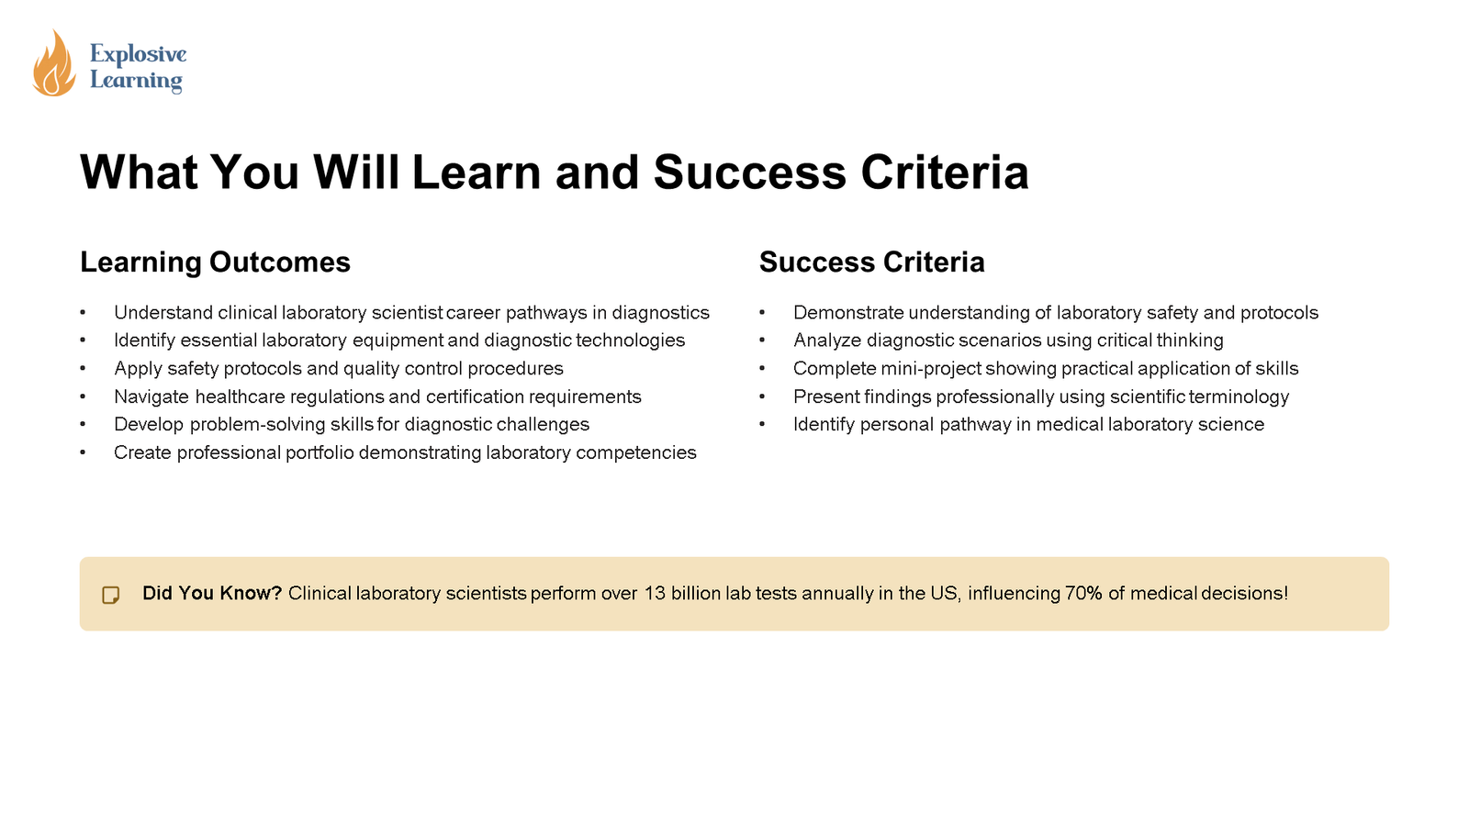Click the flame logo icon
(x=53, y=64)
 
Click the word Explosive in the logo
(x=138, y=54)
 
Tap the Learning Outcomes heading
(x=215, y=262)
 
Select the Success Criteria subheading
(x=871, y=262)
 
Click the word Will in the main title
(x=356, y=173)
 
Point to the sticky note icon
(x=111, y=595)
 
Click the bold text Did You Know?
(x=212, y=594)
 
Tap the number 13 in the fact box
(x=655, y=594)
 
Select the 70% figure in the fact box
(x=1083, y=594)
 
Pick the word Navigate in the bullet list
(x=151, y=397)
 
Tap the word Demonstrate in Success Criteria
(x=848, y=313)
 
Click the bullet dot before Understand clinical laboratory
(x=83, y=314)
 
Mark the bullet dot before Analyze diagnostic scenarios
(x=762, y=341)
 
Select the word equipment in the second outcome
(x=398, y=340)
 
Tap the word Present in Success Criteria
(x=826, y=397)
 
